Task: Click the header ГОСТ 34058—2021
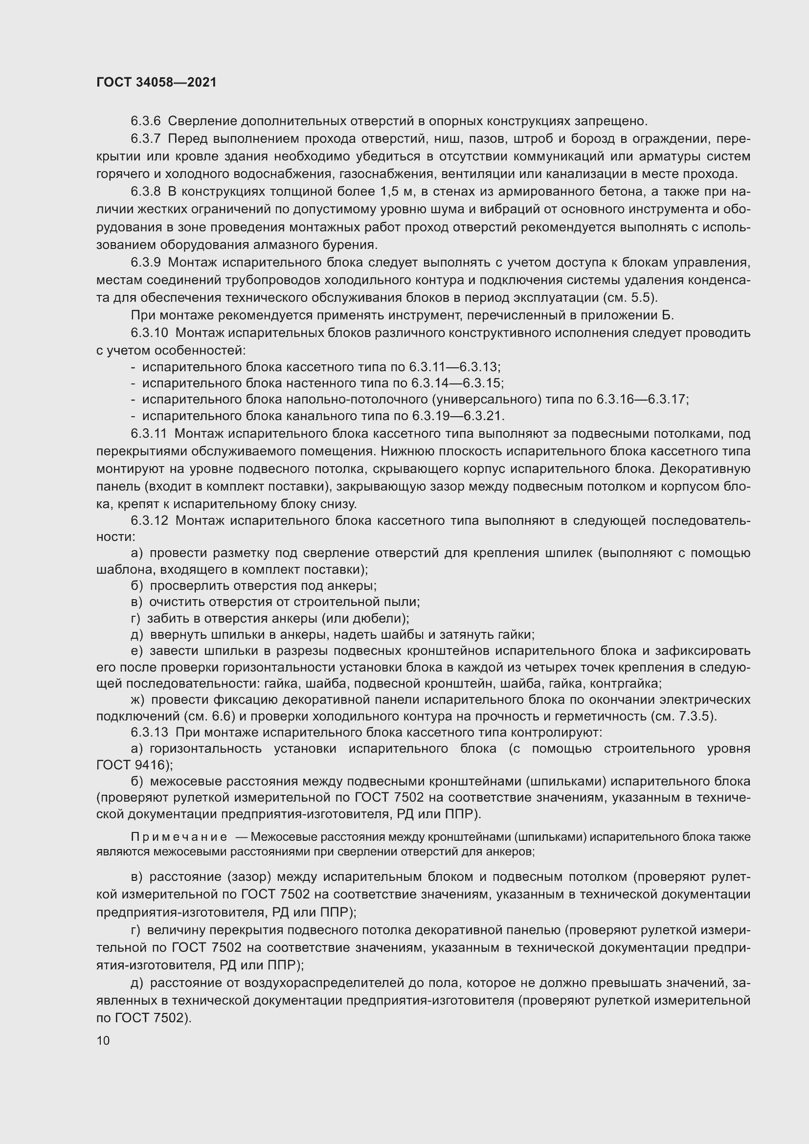pyautogui.click(x=157, y=82)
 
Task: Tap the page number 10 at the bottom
pyautogui.click(x=103, y=1040)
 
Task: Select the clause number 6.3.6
pyautogui.click(x=145, y=121)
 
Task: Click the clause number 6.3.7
pyautogui.click(x=145, y=138)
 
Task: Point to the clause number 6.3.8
pyautogui.click(x=145, y=192)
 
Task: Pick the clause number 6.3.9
pyautogui.click(x=145, y=263)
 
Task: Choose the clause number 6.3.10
pyautogui.click(x=150, y=333)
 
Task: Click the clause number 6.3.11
pyautogui.click(x=149, y=434)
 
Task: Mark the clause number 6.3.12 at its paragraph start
pyautogui.click(x=150, y=521)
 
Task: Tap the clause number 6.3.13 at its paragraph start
pyautogui.click(x=150, y=733)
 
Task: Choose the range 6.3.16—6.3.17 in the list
pyautogui.click(x=642, y=400)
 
